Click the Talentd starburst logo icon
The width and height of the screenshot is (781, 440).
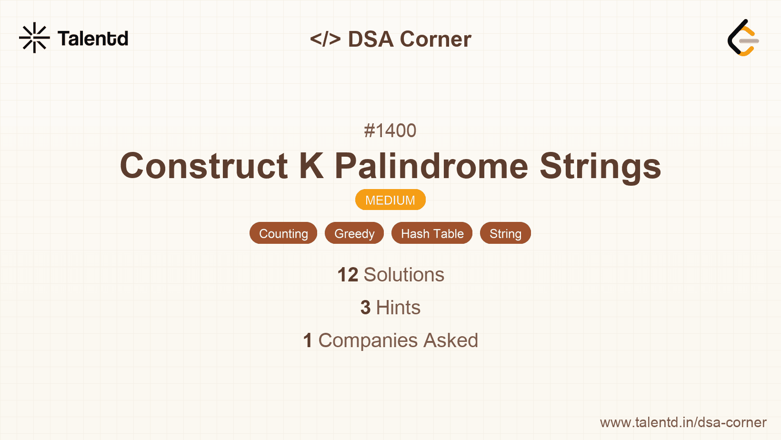tap(34, 38)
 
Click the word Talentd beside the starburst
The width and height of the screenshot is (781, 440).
tap(93, 38)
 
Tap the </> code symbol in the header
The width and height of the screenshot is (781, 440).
tap(325, 39)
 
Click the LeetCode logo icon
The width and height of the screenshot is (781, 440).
tap(743, 38)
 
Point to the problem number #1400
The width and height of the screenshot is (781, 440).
tap(390, 130)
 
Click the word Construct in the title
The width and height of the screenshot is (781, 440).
tap(204, 166)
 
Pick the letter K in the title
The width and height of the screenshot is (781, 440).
tap(311, 166)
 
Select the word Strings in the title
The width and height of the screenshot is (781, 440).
tap(601, 167)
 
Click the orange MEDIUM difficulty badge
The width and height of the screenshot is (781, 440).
tap(390, 200)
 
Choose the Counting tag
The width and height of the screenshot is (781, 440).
tap(283, 233)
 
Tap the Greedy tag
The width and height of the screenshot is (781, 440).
tap(354, 233)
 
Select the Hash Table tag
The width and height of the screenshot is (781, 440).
tap(432, 233)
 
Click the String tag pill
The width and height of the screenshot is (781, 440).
tap(506, 233)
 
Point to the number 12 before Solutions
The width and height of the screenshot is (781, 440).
tap(348, 275)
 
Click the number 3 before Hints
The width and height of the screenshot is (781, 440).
tap(365, 308)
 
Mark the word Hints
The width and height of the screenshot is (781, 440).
tap(398, 308)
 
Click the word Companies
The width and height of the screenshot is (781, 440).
tap(368, 341)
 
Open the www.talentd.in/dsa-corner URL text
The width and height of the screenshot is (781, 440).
tap(683, 422)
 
